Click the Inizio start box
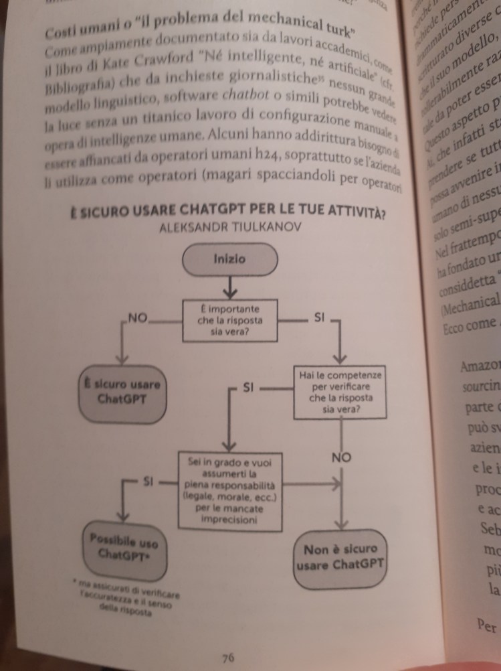(229, 258)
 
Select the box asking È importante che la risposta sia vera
(229, 320)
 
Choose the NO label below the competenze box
(341, 458)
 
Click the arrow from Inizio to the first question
(229, 287)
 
